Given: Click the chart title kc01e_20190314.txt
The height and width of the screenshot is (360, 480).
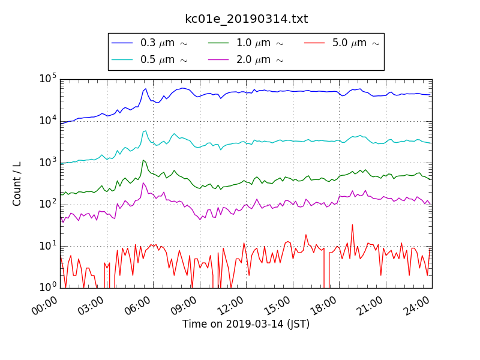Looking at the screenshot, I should click(246, 19).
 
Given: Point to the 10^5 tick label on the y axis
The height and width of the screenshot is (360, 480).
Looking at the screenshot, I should click(48, 79).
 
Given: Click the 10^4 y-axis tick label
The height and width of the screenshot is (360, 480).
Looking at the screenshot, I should click(48, 121).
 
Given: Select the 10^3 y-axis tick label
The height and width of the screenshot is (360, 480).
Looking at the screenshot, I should click(48, 163).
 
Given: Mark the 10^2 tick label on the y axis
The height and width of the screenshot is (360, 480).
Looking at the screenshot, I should click(48, 205).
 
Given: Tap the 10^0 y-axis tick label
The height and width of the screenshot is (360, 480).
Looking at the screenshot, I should click(48, 287).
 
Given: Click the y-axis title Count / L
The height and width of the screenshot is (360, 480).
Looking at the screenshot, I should click(17, 183).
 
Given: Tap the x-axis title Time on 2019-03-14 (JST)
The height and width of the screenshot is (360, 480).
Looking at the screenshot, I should click(246, 325).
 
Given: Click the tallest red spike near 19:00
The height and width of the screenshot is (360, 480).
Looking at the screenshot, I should click(352, 225).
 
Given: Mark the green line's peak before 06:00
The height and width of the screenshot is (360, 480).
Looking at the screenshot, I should click(143, 160).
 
